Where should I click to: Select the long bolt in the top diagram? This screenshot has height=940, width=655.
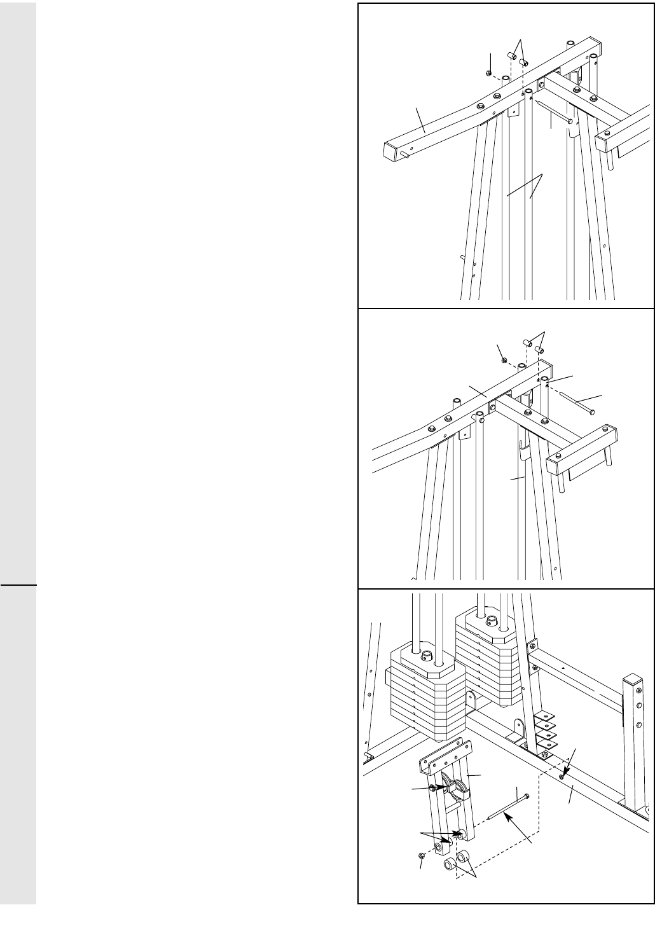coord(553,111)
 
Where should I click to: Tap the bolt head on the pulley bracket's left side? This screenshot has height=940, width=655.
coord(432,789)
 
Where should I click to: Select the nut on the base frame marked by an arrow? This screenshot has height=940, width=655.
coord(562,776)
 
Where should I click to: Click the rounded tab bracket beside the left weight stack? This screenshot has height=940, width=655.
coord(471,701)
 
